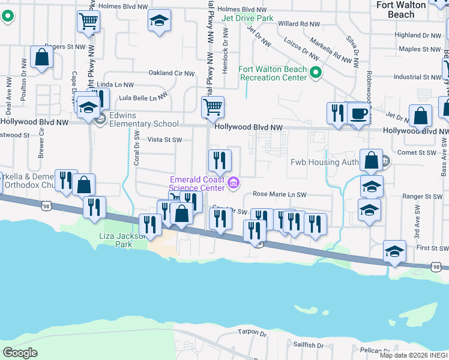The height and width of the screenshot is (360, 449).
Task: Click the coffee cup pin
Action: click(358, 113)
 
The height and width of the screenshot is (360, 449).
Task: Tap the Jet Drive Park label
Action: click(247, 19)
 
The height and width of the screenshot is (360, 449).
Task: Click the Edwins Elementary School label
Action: click(143, 124)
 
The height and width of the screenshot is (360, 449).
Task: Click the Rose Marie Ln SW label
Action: click(280, 194)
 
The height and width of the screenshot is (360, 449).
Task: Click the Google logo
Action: click(20, 352)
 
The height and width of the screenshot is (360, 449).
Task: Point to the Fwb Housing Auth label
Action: click(324, 162)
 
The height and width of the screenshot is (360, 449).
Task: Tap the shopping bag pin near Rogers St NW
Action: click(42, 58)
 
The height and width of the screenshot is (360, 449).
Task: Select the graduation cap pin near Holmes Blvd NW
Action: click(159, 21)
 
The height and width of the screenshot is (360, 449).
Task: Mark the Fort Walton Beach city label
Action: click(401, 9)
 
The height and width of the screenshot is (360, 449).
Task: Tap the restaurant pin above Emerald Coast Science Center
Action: click(220, 160)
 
